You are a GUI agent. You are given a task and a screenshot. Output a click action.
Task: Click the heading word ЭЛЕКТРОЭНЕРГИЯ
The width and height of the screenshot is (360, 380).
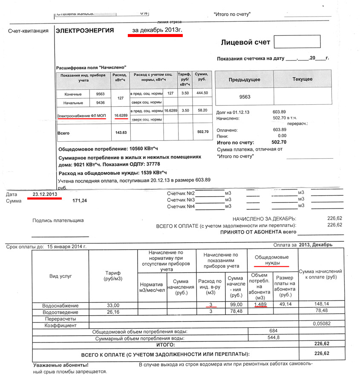click(x=85, y=30)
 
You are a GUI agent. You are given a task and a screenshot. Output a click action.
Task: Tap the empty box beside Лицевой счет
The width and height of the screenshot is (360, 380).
click(x=297, y=42)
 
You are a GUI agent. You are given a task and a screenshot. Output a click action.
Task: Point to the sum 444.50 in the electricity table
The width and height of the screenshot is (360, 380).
click(x=199, y=93)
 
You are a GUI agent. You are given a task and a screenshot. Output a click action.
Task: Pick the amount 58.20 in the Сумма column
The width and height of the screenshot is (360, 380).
click(x=199, y=110)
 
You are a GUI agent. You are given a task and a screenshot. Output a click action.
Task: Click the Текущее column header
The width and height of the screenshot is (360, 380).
click(x=302, y=79)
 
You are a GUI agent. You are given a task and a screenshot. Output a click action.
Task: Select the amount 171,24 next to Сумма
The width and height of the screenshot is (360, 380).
click(x=80, y=200)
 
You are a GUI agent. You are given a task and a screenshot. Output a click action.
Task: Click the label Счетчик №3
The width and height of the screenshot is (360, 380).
click(x=181, y=200)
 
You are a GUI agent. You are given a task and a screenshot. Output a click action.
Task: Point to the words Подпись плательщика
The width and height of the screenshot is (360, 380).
click(x=58, y=220)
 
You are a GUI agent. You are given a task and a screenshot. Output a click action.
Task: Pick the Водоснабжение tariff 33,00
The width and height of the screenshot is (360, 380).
click(x=113, y=305)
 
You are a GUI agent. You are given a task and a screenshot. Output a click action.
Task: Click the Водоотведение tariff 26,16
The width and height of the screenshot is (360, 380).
click(x=113, y=312)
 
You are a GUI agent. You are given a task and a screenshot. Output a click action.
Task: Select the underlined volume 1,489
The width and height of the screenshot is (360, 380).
click(x=260, y=305)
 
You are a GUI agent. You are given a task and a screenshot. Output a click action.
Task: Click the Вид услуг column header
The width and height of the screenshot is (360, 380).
click(x=60, y=276)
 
